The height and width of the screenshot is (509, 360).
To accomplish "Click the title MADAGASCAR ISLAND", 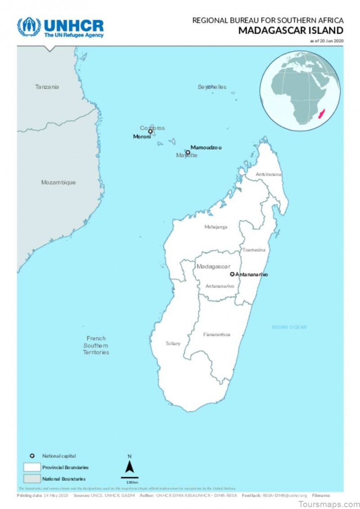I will pyautogui.click(x=291, y=30).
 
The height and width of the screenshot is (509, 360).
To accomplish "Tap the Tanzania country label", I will pyautogui.click(x=47, y=87).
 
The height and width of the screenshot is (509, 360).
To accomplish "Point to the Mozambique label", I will pyautogui.click(x=58, y=183).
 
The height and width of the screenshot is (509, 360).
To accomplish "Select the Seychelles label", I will pyautogui.click(x=212, y=87).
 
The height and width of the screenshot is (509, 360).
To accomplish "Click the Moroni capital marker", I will pyautogui.click(x=151, y=132).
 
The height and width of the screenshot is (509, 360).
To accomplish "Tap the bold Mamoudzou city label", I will pyautogui.click(x=206, y=147).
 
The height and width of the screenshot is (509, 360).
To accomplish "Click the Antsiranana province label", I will pyautogui.click(x=269, y=174).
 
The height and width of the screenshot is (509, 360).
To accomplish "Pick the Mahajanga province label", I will pyautogui.click(x=216, y=227).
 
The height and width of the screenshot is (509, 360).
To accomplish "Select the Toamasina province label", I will pyautogui.click(x=254, y=250).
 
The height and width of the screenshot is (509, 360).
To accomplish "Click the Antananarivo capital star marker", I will pyautogui.click(x=232, y=274).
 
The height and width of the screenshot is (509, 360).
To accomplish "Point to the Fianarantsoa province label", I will pyautogui.click(x=217, y=335).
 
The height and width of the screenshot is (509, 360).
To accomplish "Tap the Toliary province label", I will pyautogui.click(x=173, y=344).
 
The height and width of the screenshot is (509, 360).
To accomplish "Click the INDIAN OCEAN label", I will pyautogui.click(x=289, y=327).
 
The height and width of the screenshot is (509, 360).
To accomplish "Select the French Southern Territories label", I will pyautogui.click(x=96, y=345).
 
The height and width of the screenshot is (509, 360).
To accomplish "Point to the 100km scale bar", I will pyautogui.click(x=130, y=478).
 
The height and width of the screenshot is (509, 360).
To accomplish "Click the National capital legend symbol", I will pyautogui.click(x=32, y=456).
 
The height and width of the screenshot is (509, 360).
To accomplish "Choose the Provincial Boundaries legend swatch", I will pyautogui.click(x=32, y=467).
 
